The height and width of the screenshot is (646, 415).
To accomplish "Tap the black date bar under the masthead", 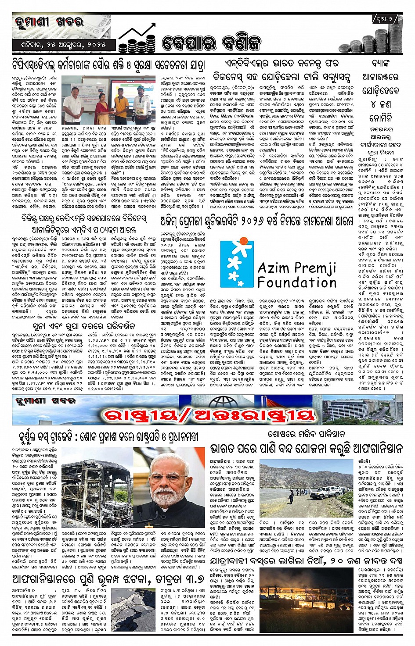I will [x=64, y=45].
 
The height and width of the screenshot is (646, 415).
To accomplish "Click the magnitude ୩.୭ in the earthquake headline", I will [x=191, y=580].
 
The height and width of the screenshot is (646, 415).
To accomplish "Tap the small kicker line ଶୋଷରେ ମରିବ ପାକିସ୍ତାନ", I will [x=307, y=434].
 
